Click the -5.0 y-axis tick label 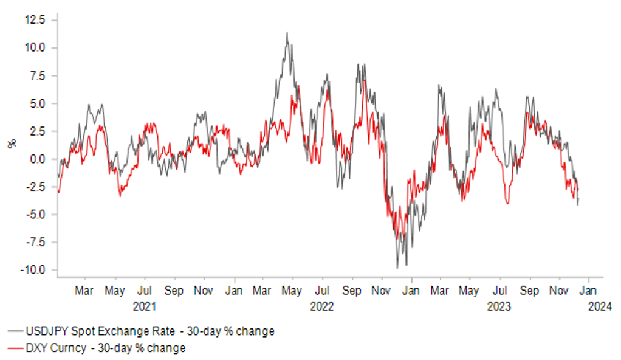click(x=34, y=214)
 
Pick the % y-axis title click(x=11, y=144)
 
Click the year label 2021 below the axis click(x=145, y=306)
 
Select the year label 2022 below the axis click(x=322, y=306)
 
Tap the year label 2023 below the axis click(x=499, y=306)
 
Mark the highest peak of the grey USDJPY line click(x=287, y=33)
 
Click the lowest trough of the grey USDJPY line click(x=397, y=268)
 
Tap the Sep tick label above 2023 click(x=530, y=290)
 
